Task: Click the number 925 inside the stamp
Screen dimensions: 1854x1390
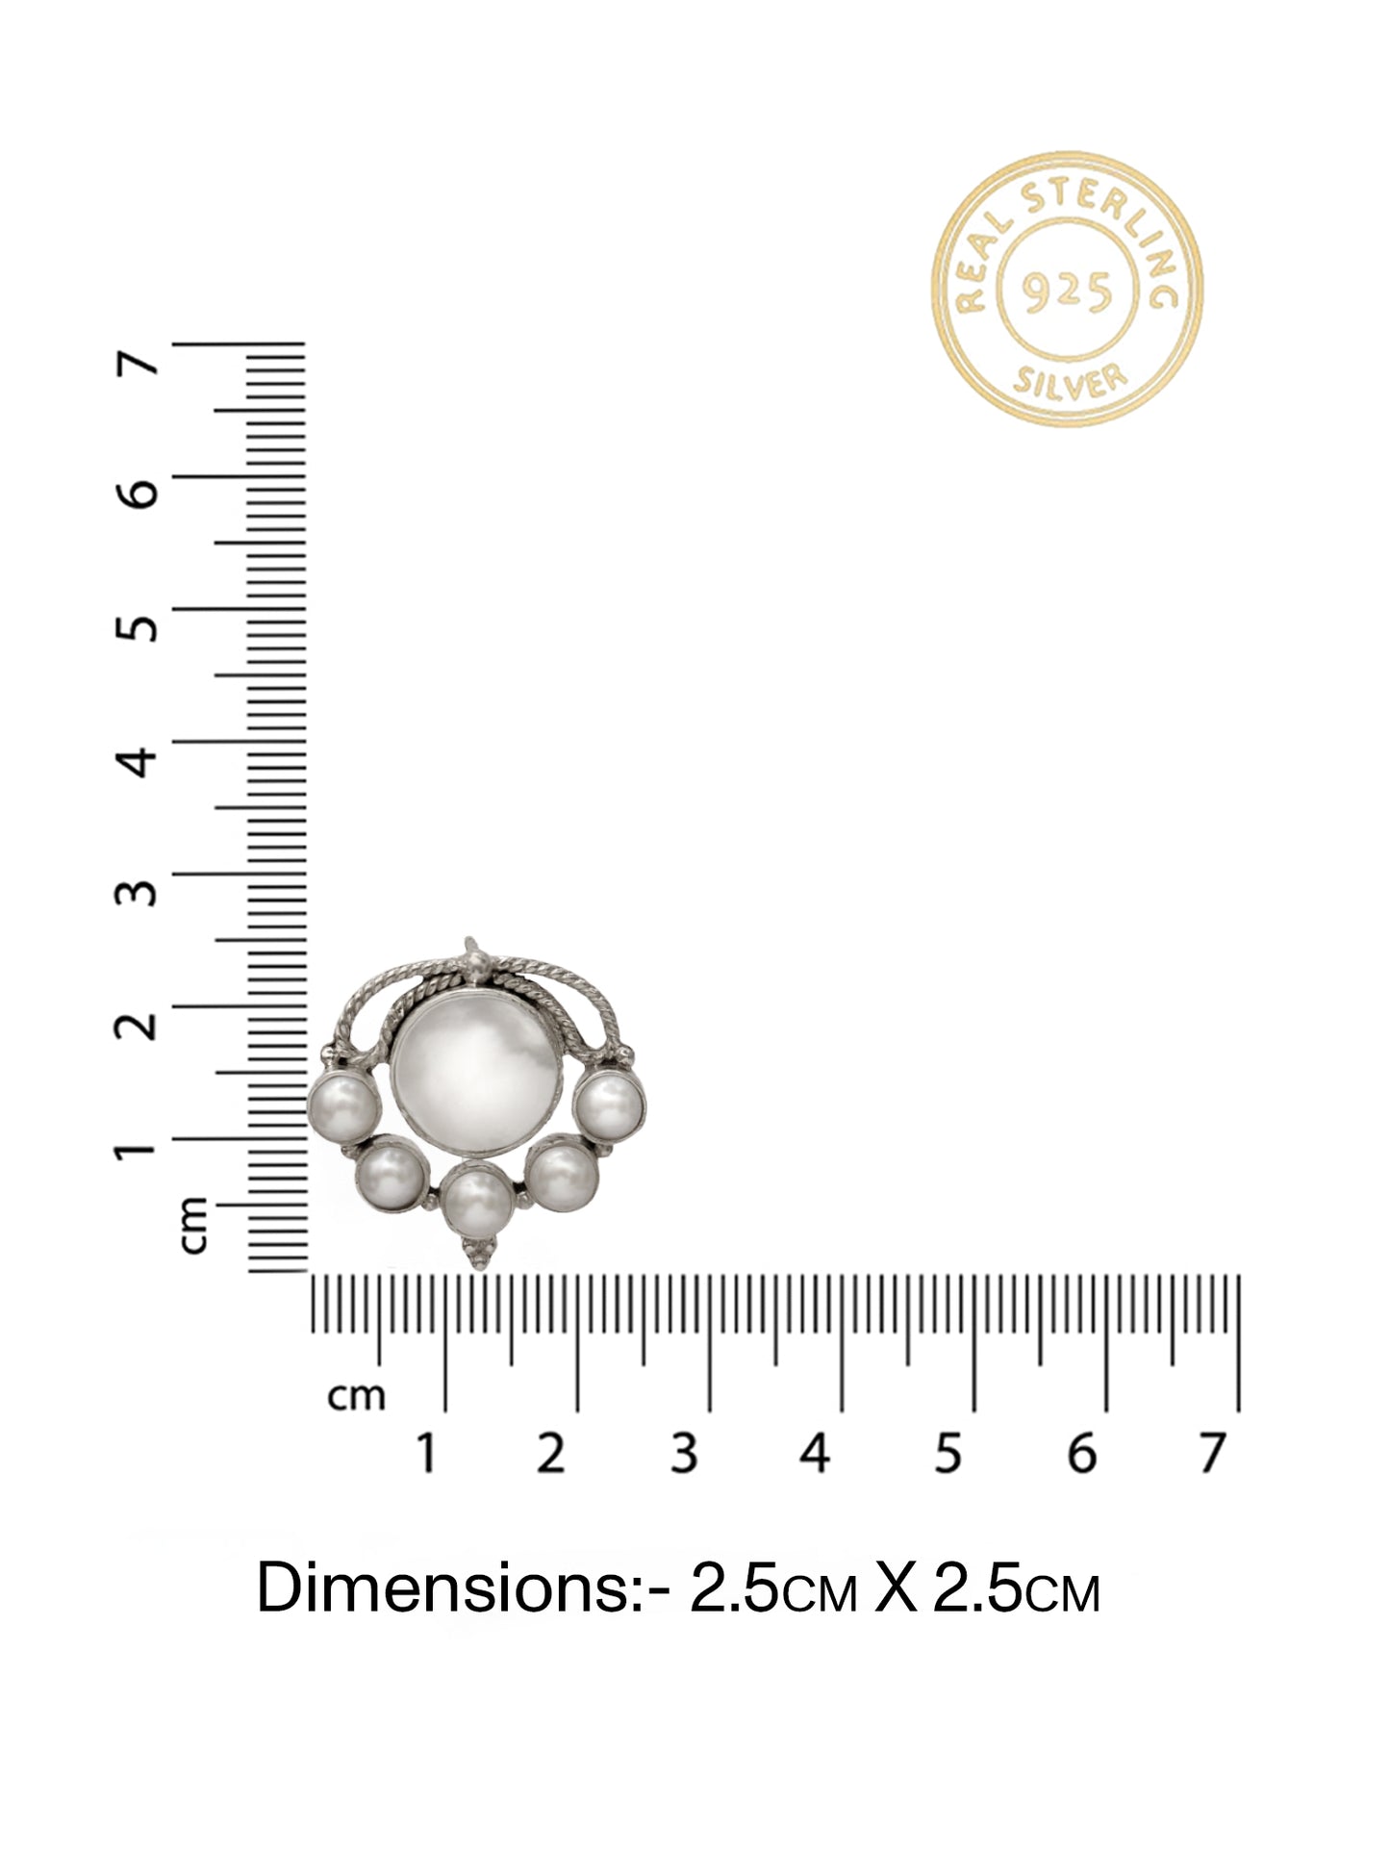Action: pyautogui.click(x=1066, y=289)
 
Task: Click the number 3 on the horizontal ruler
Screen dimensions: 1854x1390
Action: pyautogui.click(x=683, y=1454)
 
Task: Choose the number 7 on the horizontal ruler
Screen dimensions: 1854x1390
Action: pyautogui.click(x=1213, y=1454)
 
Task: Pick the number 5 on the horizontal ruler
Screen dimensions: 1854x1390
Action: pyautogui.click(x=948, y=1454)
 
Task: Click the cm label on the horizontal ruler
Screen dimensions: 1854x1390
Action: pyautogui.click(x=356, y=1396)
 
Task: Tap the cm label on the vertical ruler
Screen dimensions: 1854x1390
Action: pyautogui.click(x=193, y=1225)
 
